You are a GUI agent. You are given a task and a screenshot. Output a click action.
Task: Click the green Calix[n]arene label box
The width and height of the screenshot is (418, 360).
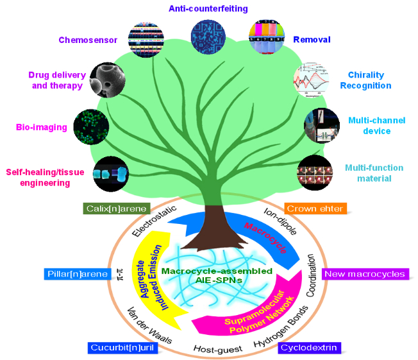pyautogui.click(x=116, y=209)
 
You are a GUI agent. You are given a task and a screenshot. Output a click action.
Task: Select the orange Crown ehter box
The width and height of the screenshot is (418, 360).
pyautogui.click(x=315, y=209)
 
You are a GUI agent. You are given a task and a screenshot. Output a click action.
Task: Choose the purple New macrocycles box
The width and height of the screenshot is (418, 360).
pyautogui.click(x=364, y=274)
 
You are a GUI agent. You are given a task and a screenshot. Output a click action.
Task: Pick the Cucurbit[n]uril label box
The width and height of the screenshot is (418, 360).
pyautogui.click(x=122, y=348)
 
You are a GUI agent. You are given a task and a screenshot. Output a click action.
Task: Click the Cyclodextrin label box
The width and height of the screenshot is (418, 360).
pyautogui.click(x=310, y=348)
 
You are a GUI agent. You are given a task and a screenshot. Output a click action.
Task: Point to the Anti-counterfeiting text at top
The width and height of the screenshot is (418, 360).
pyautogui.click(x=208, y=8)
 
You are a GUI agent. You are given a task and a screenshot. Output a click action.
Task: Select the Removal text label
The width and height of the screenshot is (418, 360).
pyautogui.click(x=312, y=40)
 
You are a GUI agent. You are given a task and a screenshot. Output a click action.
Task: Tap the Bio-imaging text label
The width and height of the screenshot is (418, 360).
pyautogui.click(x=42, y=127)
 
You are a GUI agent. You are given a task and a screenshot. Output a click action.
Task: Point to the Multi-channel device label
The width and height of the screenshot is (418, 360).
pyautogui.click(x=369, y=125)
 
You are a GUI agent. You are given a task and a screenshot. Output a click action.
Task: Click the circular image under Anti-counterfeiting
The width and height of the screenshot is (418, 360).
pyautogui.click(x=208, y=35)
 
